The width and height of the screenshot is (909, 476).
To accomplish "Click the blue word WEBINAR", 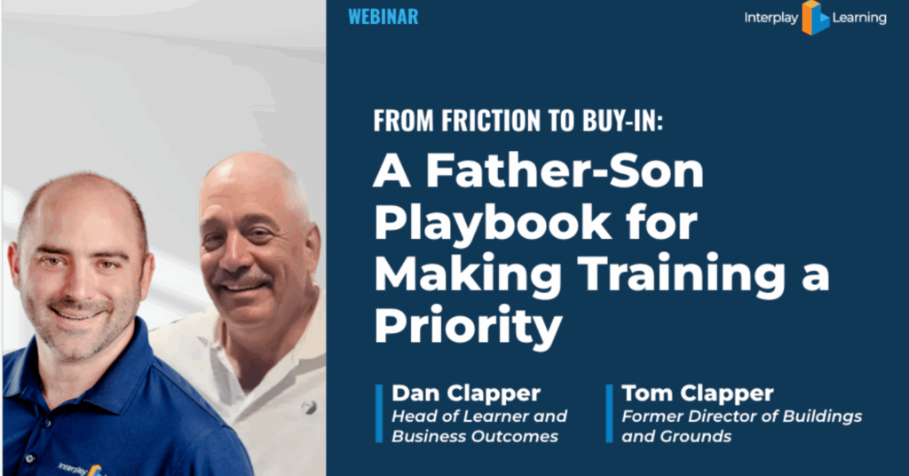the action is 383,17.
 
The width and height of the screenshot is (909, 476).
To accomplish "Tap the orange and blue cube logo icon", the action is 815,18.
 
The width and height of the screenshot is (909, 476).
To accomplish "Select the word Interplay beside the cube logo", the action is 771,18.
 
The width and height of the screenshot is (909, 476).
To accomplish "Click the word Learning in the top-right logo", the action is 859,18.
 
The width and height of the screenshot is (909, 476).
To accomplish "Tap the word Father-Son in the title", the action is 565,171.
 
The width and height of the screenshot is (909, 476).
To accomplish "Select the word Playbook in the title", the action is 493,223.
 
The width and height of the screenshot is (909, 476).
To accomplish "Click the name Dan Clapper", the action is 466,393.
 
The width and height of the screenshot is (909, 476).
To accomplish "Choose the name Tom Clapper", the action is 698,393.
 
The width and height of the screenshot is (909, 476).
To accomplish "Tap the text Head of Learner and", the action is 479,416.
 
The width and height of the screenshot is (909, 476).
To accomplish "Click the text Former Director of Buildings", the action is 742,416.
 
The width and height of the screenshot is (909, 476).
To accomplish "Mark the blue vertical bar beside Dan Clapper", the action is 379,413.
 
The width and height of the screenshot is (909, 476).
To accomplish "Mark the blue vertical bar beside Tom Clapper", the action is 609,413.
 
